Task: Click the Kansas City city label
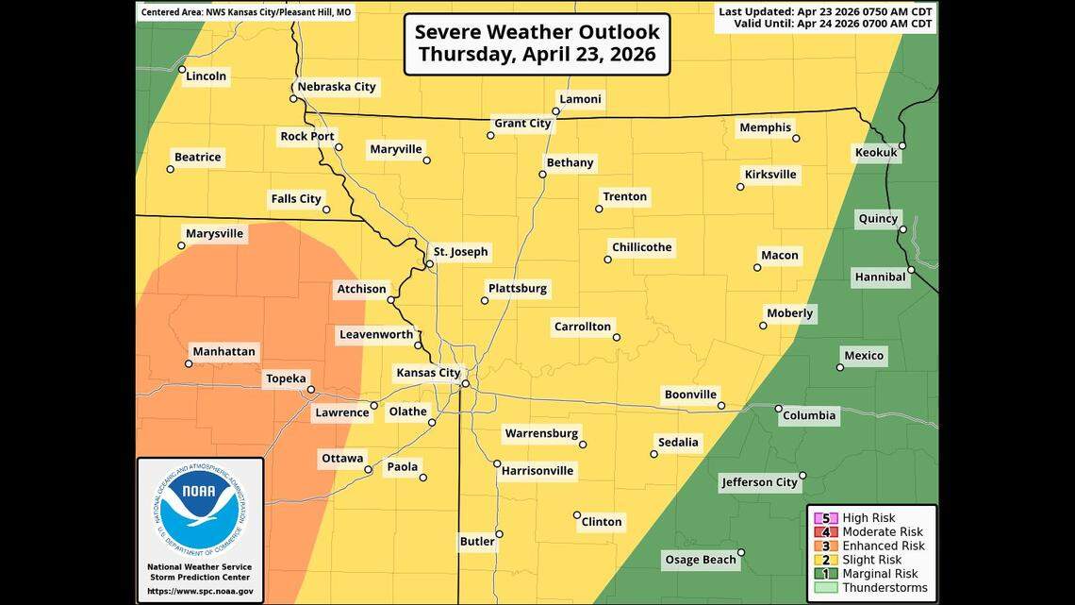[427, 373]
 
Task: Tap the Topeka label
[286, 378]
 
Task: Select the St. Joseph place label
[460, 252]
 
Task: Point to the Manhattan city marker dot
[189, 363]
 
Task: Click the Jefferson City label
[759, 482]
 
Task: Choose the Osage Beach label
[701, 560]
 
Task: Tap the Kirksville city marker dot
[740, 187]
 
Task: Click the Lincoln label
[207, 76]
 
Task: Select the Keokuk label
[875, 152]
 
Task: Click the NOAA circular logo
[199, 511]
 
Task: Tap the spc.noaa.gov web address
[199, 591]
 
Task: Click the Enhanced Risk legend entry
[883, 546]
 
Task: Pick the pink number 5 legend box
[826, 518]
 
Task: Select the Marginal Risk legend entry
[880, 574]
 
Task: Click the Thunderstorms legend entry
[883, 588]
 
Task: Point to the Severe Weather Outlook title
[537, 43]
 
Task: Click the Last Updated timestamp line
[825, 11]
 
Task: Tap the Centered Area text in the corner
[246, 13]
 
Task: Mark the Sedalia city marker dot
[653, 454]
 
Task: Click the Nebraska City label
[336, 87]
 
